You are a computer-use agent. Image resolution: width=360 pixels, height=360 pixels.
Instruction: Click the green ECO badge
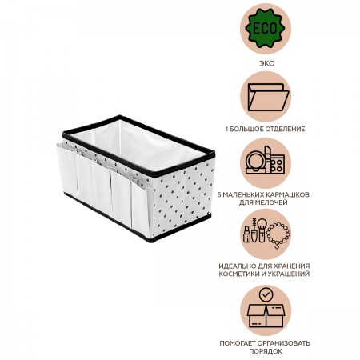coord(265,28)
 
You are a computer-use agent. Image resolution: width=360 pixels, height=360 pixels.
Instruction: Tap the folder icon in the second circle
coord(268,98)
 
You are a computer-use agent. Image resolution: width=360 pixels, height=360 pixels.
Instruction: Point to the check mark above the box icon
coord(266,294)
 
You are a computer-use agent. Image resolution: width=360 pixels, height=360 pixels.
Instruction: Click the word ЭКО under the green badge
coord(266,63)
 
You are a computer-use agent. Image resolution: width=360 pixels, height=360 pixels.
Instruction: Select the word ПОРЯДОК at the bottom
coord(266,351)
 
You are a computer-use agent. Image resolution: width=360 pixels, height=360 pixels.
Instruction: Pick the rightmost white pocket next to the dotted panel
coord(142,206)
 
